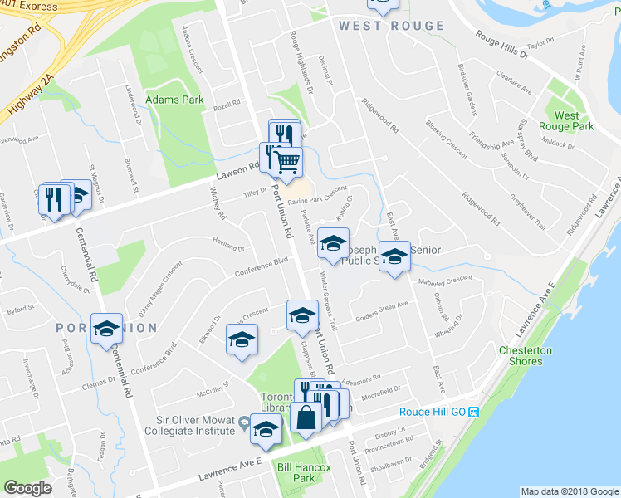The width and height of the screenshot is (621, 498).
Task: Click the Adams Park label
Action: [x=174, y=100]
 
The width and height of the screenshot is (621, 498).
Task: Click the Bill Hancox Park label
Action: [x=304, y=473]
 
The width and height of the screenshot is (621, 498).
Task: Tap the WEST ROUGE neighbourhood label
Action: [x=391, y=26]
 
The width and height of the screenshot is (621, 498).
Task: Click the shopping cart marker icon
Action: [x=286, y=162]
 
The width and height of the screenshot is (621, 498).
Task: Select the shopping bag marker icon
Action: [x=306, y=417]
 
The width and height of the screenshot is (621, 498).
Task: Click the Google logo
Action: [x=28, y=488]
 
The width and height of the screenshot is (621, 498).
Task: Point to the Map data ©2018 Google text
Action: [x=570, y=491]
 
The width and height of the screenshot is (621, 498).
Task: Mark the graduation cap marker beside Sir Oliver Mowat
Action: [x=266, y=428]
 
